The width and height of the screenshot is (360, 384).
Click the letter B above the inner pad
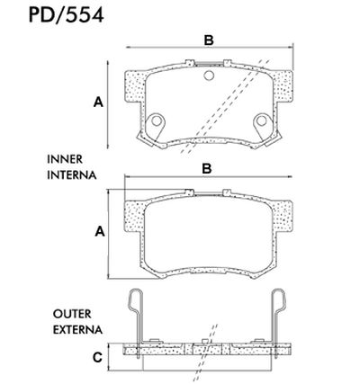pos(207,39)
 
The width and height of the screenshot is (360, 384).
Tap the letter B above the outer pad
pos(207,168)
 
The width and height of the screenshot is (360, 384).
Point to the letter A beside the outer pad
pos(98,231)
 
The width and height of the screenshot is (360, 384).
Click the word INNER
pos(65,158)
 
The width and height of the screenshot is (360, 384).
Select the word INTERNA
pos(70,174)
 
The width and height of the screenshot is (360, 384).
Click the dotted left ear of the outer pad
pos(132,225)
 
